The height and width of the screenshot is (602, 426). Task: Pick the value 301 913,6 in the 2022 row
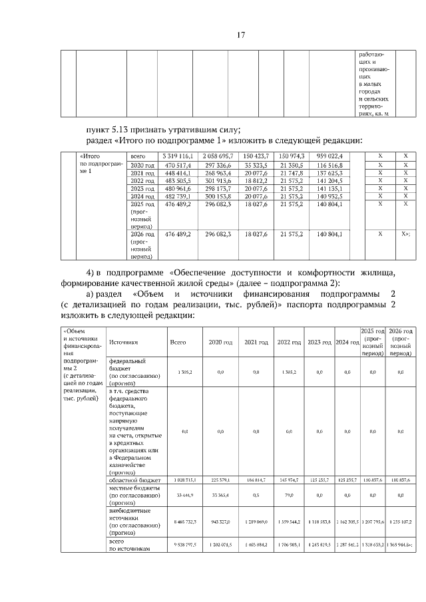pos(216,180)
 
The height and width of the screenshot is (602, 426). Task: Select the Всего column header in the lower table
pos(178,342)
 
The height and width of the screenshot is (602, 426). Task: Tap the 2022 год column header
pos(288,342)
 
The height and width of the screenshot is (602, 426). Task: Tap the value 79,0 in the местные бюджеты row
pos(288,494)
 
